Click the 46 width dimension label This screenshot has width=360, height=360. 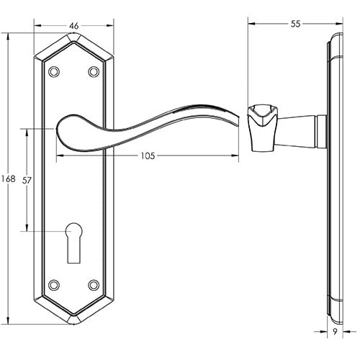(x=74, y=25)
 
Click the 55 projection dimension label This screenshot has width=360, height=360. (x=295, y=24)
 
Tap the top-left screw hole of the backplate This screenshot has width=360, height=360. (x=54, y=71)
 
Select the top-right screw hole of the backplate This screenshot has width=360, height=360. (x=93, y=71)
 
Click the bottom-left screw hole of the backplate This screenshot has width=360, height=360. (x=54, y=285)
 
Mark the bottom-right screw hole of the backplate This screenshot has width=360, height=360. (x=93, y=285)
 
